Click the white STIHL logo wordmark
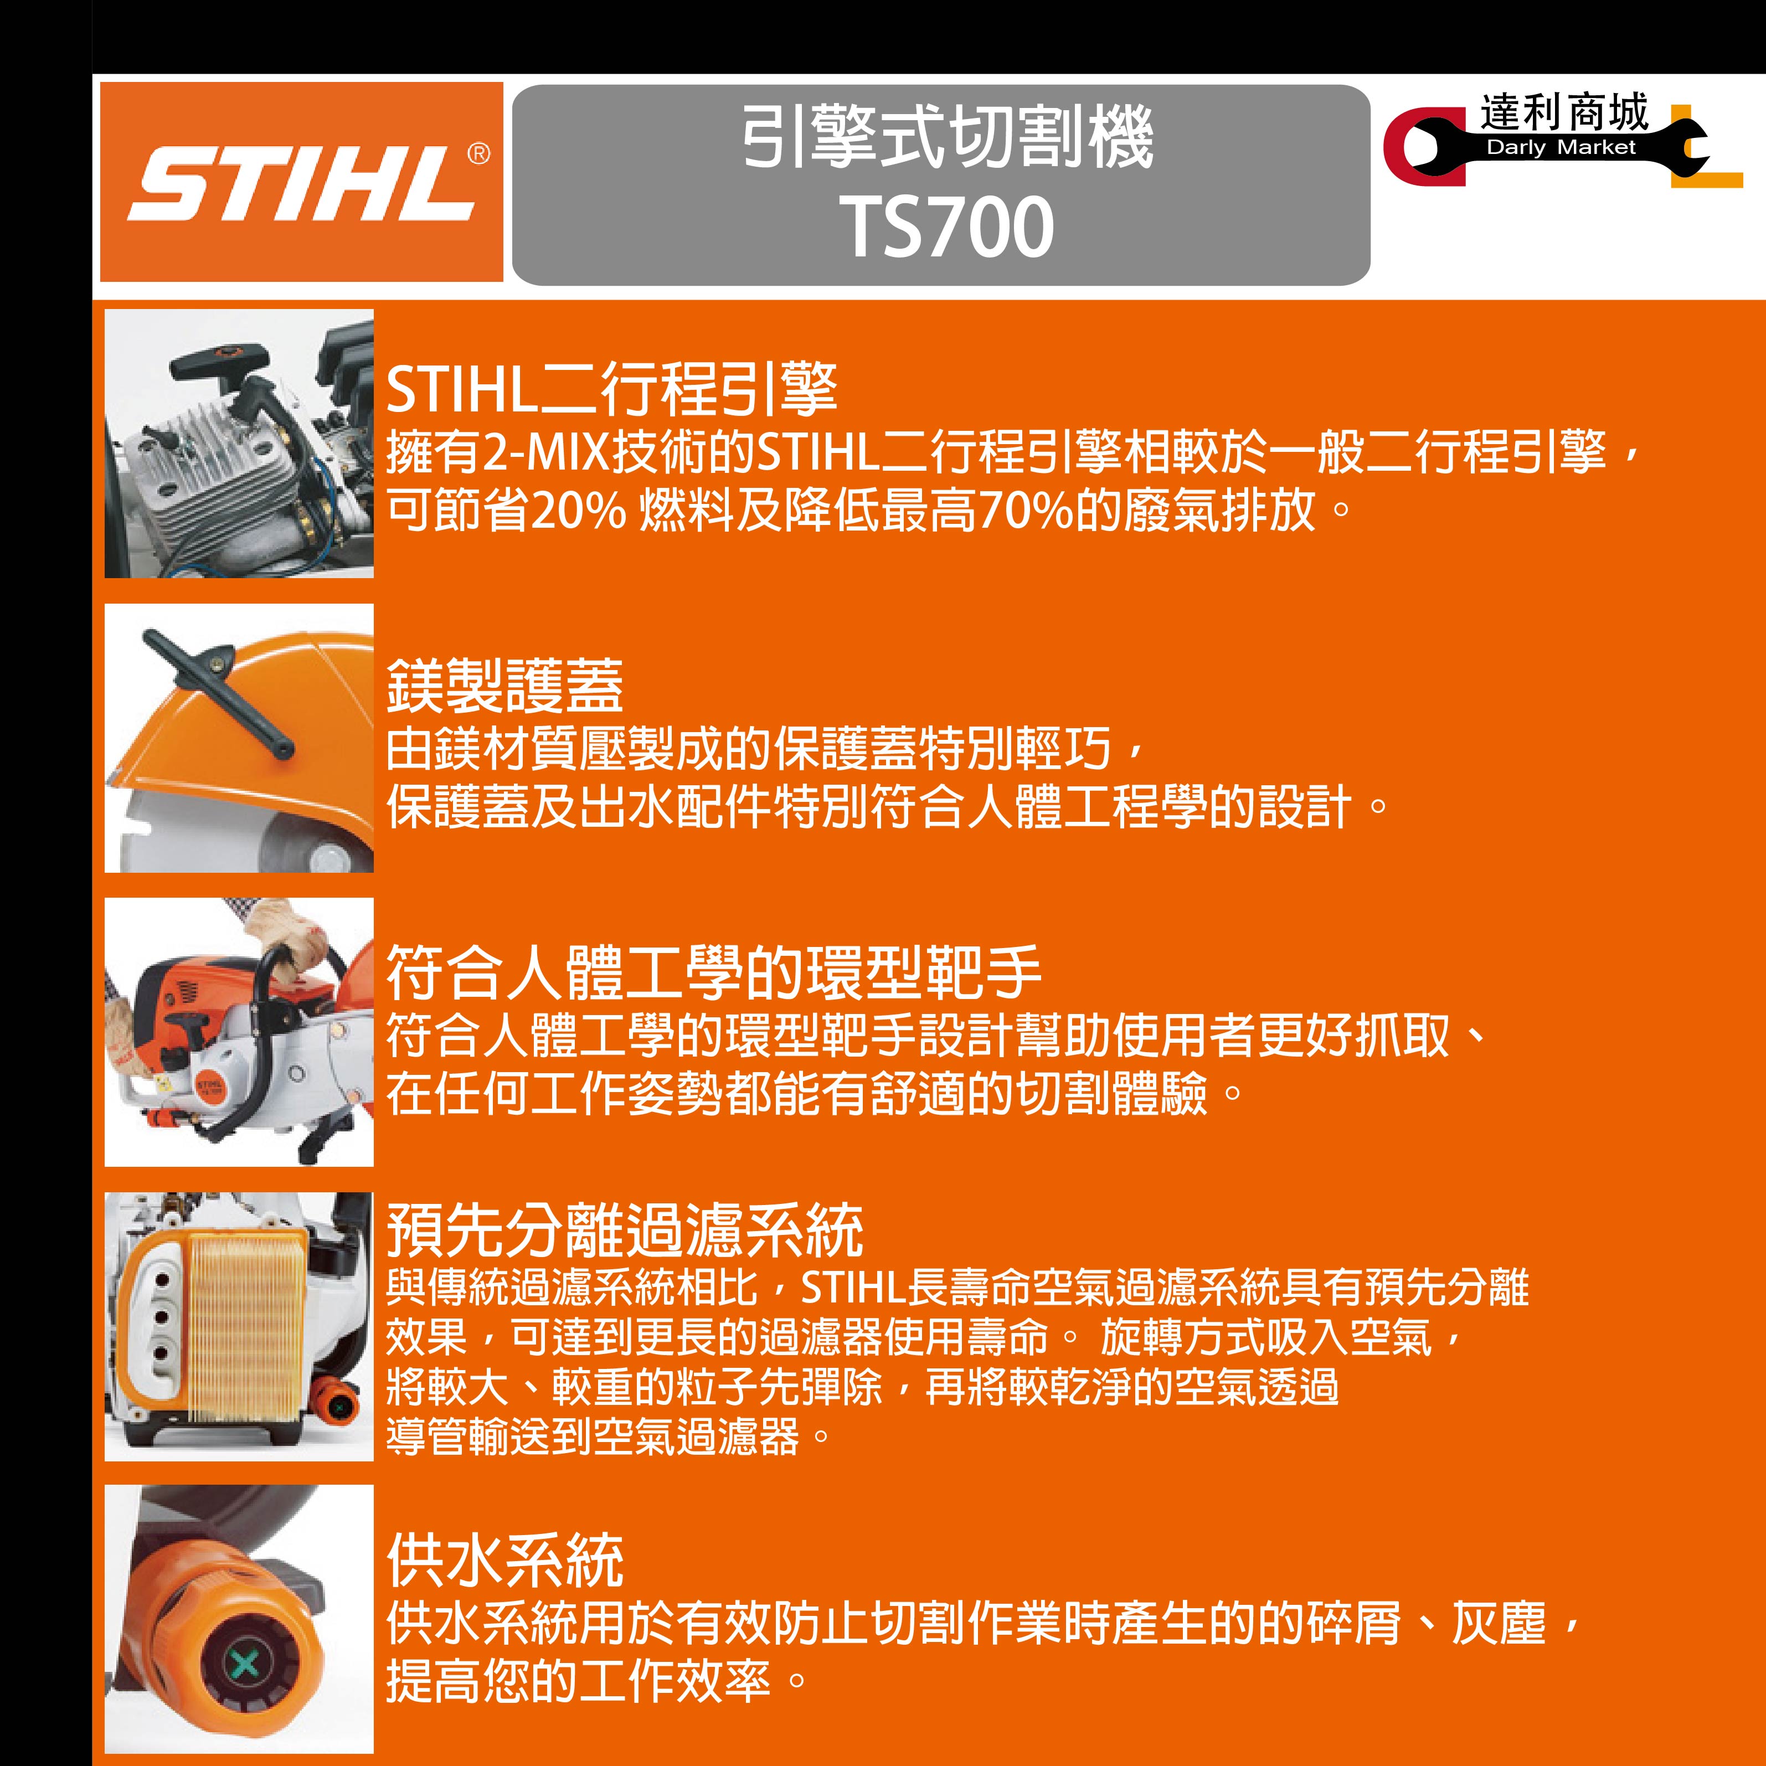coord(302,183)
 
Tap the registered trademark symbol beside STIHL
coord(478,153)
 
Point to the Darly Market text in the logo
coord(1561,147)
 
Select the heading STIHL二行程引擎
coord(611,389)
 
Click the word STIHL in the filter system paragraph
coord(853,1288)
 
